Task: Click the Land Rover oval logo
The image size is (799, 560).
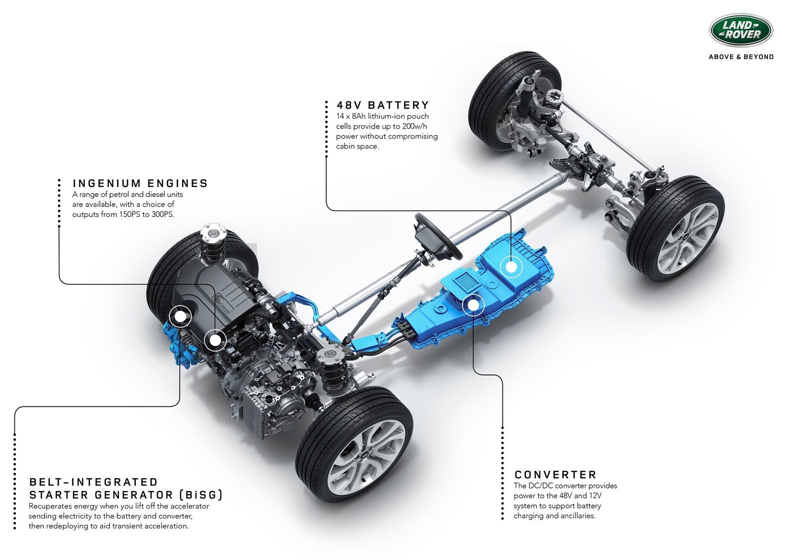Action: [741, 30]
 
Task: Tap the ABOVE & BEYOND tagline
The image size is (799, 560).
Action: [741, 57]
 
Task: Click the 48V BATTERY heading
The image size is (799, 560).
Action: [383, 105]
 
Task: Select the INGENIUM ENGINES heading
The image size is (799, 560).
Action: [140, 183]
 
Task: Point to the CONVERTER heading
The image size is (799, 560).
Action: [555, 474]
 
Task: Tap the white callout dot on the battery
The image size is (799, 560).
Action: [511, 267]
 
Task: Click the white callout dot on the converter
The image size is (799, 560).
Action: [473, 305]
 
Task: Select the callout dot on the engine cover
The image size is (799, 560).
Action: [215, 340]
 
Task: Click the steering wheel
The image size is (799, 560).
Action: [437, 236]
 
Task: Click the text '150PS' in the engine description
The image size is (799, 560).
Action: [130, 214]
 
